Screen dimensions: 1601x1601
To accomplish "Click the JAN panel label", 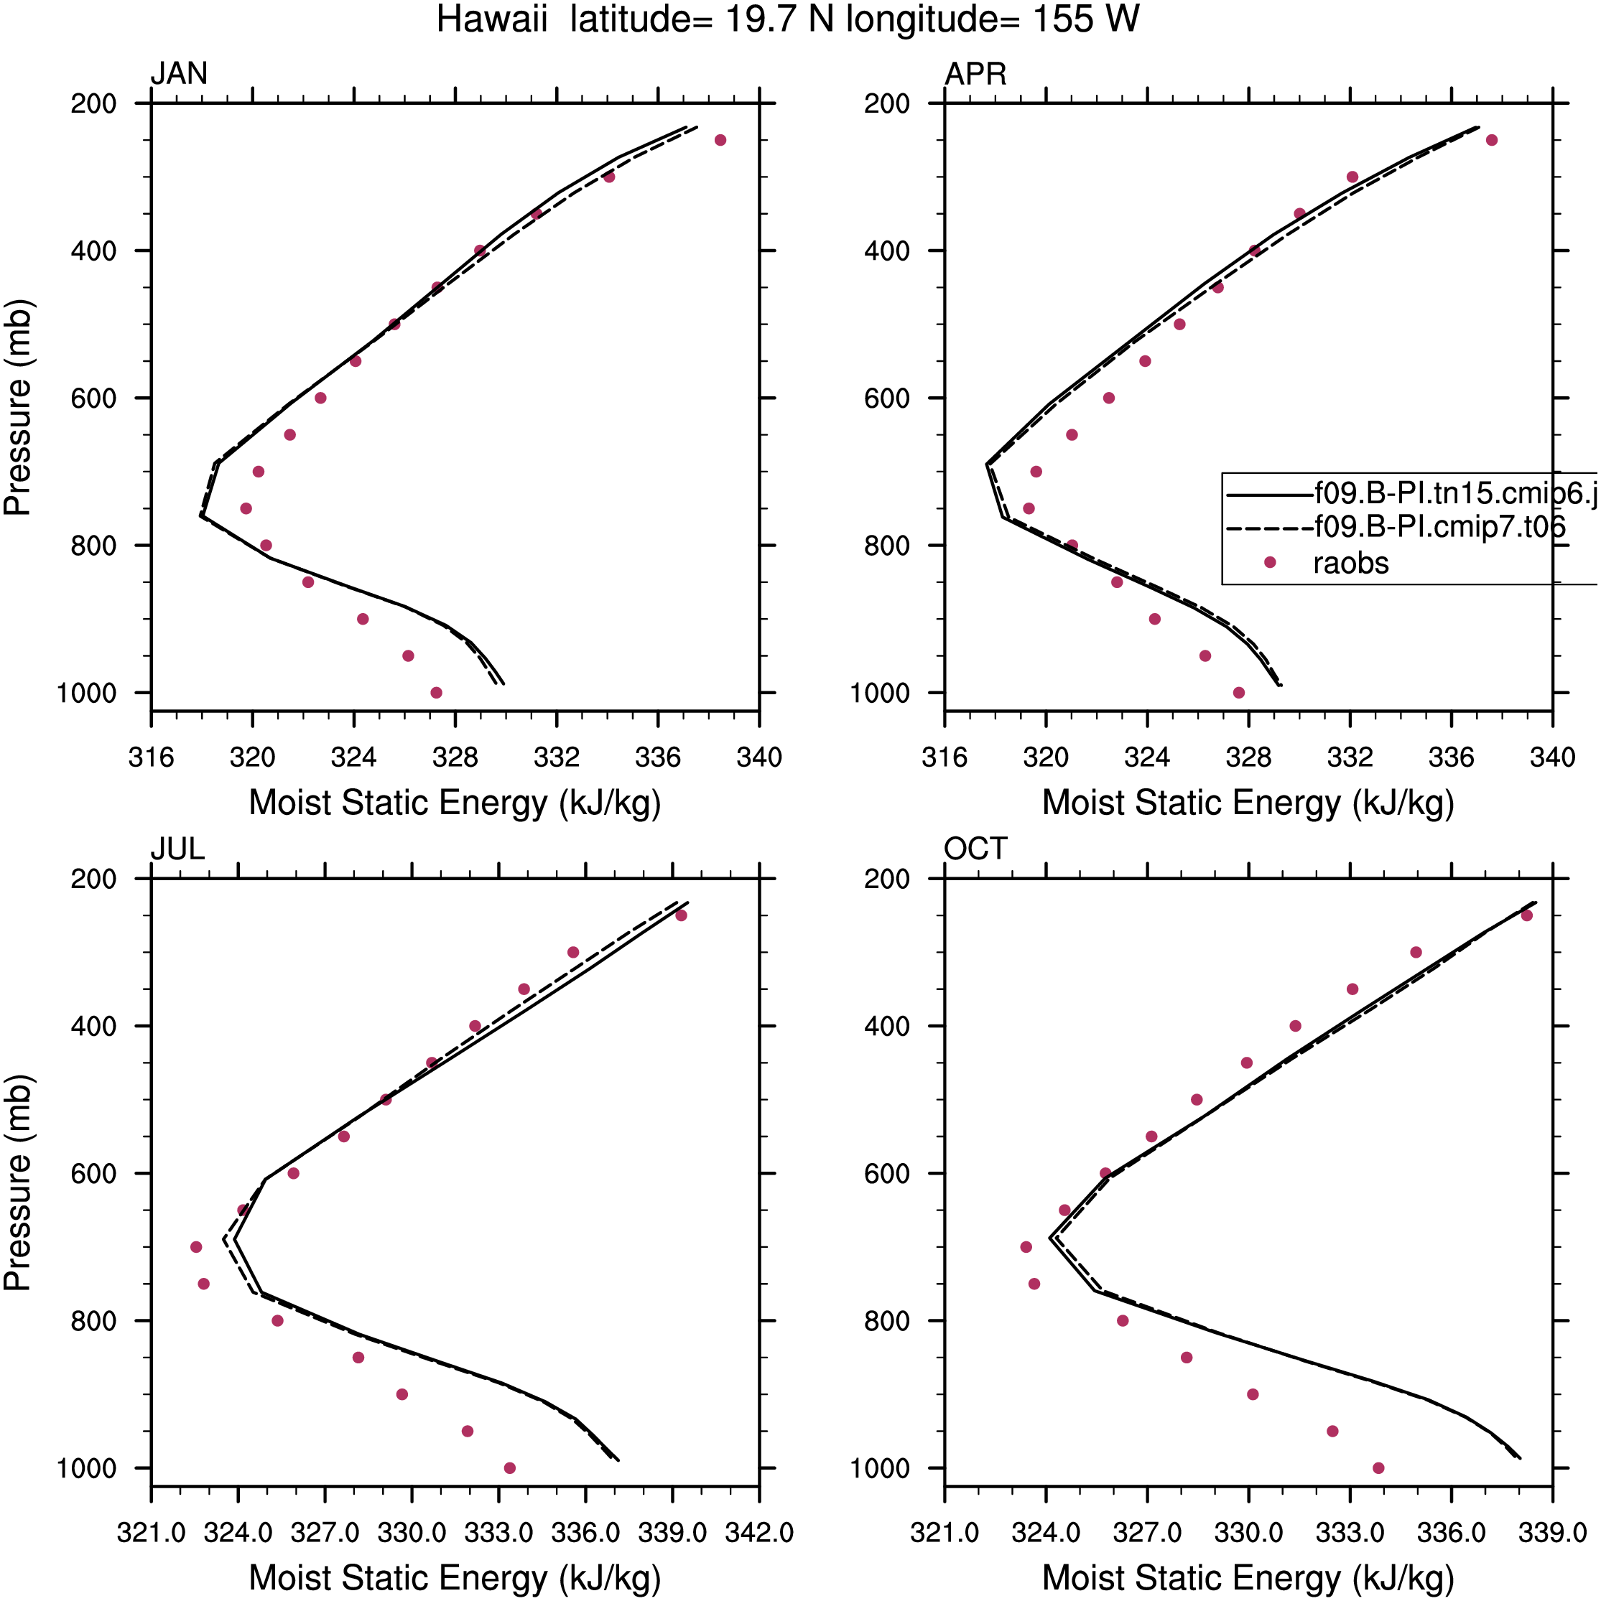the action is [179, 75].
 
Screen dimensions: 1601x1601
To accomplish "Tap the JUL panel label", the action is [177, 849].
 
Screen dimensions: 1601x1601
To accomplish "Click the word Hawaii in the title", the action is [492, 19].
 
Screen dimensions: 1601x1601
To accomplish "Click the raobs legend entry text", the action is [1350, 564].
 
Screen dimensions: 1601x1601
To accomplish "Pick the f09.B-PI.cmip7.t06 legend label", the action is [1440, 526].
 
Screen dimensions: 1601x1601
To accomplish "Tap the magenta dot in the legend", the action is [1269, 563].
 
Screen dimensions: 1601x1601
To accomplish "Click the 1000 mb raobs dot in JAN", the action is [436, 693].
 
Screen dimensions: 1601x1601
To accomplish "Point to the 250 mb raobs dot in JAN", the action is [720, 140].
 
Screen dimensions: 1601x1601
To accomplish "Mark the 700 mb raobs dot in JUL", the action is [195, 1247].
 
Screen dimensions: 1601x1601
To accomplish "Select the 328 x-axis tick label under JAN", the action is [455, 757].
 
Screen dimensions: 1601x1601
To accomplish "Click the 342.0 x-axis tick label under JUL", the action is [759, 1533].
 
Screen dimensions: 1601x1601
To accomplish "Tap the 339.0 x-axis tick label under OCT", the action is [1553, 1533].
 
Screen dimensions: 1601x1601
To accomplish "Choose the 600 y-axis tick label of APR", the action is [887, 398].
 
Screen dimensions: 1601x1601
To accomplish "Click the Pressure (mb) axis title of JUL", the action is [17, 1183].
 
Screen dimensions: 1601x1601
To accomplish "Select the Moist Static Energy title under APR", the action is [1248, 803].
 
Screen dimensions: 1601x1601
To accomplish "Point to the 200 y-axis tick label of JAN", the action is [93, 104].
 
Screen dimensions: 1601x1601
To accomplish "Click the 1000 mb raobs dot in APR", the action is [1239, 693].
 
